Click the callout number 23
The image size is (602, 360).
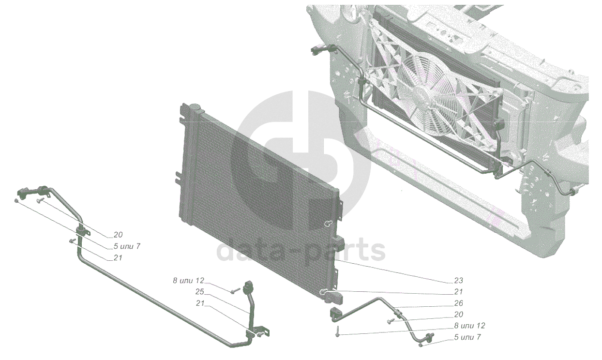(x=458, y=280)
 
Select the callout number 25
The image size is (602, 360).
(x=199, y=292)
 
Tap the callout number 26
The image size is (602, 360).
(x=458, y=303)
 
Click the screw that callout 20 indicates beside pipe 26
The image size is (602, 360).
(x=390, y=321)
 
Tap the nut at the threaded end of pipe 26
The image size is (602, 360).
(x=421, y=345)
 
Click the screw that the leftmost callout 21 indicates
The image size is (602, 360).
(x=73, y=240)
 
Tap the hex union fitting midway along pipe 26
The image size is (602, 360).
(x=397, y=312)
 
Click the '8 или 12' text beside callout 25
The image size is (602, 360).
(x=189, y=280)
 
